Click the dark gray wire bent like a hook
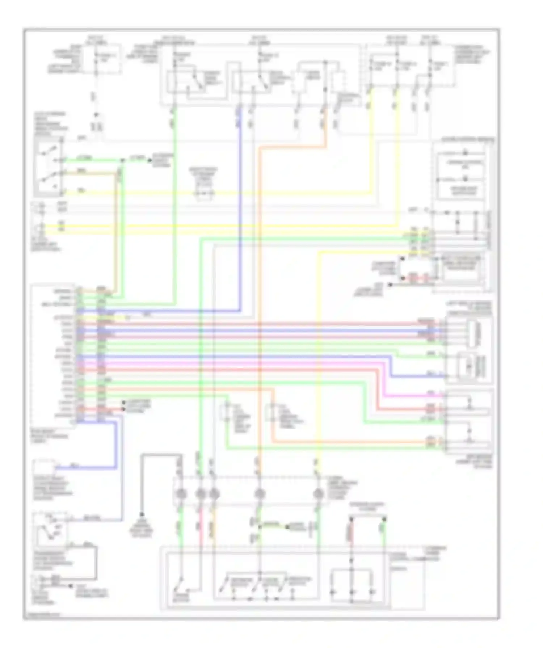point(159,455)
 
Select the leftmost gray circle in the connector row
point(180,493)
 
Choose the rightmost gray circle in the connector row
point(318,493)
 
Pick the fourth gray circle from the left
point(259,493)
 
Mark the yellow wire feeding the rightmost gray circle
point(318,362)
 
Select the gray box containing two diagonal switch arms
point(48,169)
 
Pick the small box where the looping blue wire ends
point(44,467)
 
